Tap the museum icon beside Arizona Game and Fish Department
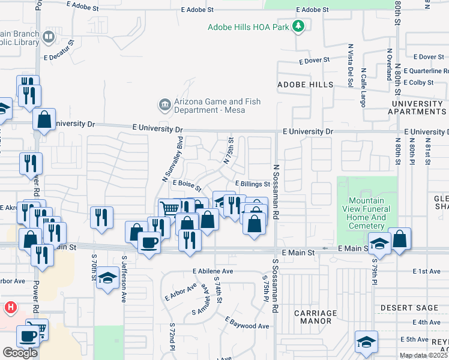tap(164, 106)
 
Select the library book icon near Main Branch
tap(49, 38)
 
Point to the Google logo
tap(20, 352)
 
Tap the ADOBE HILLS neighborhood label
tap(305, 85)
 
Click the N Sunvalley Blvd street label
tap(172, 159)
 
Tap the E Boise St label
tap(187, 184)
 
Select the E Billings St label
tap(252, 184)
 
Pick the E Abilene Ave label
tap(213, 271)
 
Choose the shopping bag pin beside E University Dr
tap(44, 119)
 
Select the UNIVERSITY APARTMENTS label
tap(417, 107)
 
